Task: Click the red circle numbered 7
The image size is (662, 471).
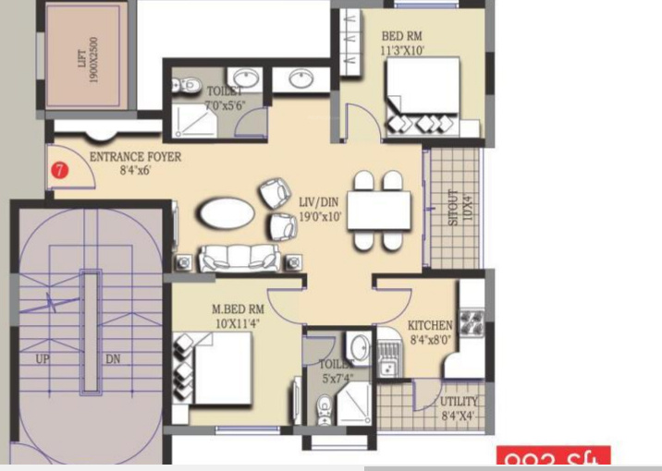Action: (60, 170)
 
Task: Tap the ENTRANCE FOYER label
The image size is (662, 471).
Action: (135, 157)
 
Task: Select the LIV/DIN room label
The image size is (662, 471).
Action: (320, 202)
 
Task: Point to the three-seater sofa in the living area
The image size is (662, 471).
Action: (239, 258)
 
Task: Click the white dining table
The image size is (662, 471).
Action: (378, 211)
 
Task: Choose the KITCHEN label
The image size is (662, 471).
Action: (430, 326)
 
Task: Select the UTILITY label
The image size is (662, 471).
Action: (459, 402)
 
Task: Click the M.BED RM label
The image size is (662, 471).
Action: (238, 308)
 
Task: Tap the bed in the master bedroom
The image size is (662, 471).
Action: (217, 368)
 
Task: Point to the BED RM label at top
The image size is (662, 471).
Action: (403, 37)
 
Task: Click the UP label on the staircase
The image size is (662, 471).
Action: (43, 359)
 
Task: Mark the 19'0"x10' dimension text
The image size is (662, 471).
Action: (320, 217)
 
